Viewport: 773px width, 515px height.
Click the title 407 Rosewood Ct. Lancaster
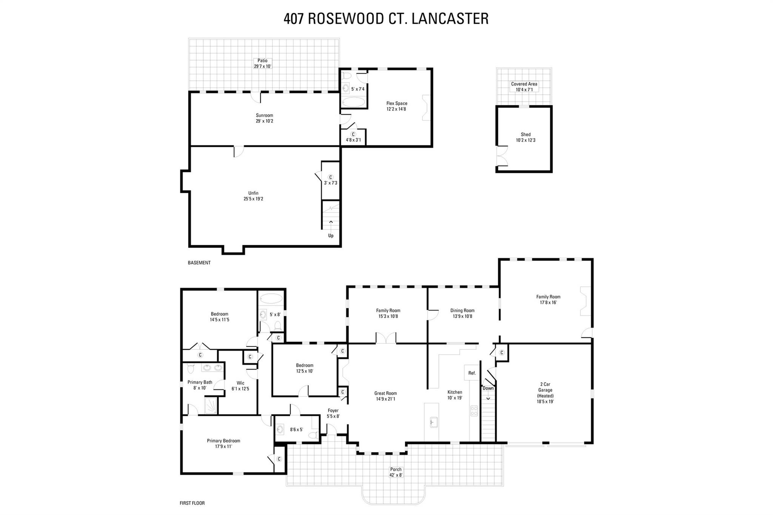pyautogui.click(x=386, y=18)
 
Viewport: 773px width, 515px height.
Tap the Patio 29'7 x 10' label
pyautogui.click(x=262, y=63)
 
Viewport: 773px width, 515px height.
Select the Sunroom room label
pyautogui.click(x=264, y=118)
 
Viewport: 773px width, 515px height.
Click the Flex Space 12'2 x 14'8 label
pyautogui.click(x=396, y=106)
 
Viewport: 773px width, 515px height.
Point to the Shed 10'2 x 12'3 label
pyautogui.click(x=525, y=137)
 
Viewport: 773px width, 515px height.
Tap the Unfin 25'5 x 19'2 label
pyautogui.click(x=253, y=196)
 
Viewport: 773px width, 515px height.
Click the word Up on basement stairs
pyautogui.click(x=331, y=235)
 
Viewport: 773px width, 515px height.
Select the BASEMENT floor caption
pyautogui.click(x=199, y=263)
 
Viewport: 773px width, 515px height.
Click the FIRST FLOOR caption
pyautogui.click(x=192, y=503)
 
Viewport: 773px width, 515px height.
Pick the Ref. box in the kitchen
pyautogui.click(x=472, y=373)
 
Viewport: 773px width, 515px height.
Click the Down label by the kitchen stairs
pyautogui.click(x=488, y=388)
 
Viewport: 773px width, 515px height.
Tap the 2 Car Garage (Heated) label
pyautogui.click(x=545, y=393)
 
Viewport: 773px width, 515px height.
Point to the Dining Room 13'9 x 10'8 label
pyautogui.click(x=462, y=313)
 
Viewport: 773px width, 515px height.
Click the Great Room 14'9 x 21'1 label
pyautogui.click(x=385, y=396)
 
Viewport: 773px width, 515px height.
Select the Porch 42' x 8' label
pyautogui.click(x=396, y=472)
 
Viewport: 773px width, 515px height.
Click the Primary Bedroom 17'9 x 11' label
pyautogui.click(x=223, y=443)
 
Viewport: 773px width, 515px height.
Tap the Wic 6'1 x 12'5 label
pyautogui.click(x=240, y=386)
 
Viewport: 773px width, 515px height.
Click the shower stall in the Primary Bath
pyautogui.click(x=211, y=406)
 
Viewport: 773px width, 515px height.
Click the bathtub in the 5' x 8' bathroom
pyautogui.click(x=271, y=298)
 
